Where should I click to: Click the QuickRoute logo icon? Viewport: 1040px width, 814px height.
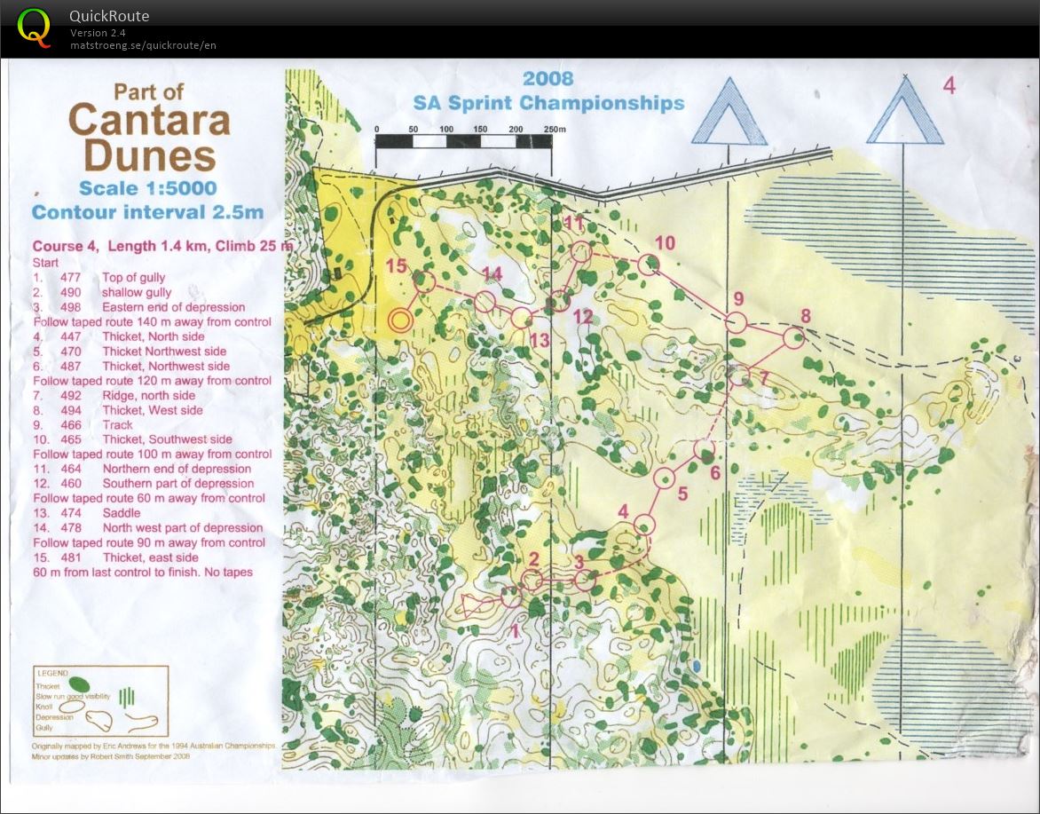coord(34,26)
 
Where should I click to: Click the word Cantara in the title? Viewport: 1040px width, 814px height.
coord(149,120)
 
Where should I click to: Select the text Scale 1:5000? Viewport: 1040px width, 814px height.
coord(147,188)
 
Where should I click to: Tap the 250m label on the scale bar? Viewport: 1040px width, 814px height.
coord(554,130)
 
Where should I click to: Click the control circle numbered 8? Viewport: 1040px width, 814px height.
coord(792,337)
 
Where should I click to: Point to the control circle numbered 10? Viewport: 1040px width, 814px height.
coord(649,264)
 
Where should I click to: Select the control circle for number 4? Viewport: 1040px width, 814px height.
coord(644,525)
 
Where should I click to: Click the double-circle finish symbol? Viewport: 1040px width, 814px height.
coord(400,320)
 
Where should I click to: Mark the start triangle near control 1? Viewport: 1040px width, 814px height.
coord(477,605)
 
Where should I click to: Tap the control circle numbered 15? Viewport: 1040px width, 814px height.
coord(424,282)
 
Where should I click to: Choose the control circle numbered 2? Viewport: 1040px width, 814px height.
coord(532,581)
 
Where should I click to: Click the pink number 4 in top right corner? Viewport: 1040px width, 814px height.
coord(949,86)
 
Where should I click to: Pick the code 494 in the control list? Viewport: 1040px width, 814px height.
coord(70,410)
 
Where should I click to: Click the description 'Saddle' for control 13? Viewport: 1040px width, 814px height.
coord(122,513)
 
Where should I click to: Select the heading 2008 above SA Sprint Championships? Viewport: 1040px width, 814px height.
coord(548,78)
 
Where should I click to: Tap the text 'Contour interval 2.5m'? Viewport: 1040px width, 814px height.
coord(147,212)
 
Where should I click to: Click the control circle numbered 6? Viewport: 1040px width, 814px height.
coord(704,449)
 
